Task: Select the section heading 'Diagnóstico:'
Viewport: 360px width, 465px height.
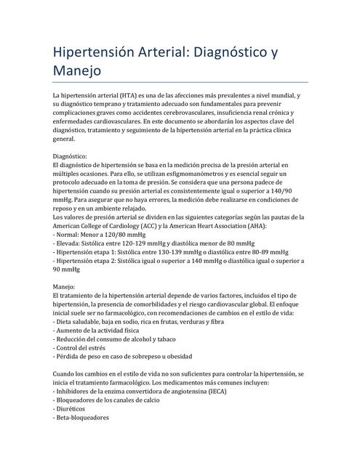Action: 70,156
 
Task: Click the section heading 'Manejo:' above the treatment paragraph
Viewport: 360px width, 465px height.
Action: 64,287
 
